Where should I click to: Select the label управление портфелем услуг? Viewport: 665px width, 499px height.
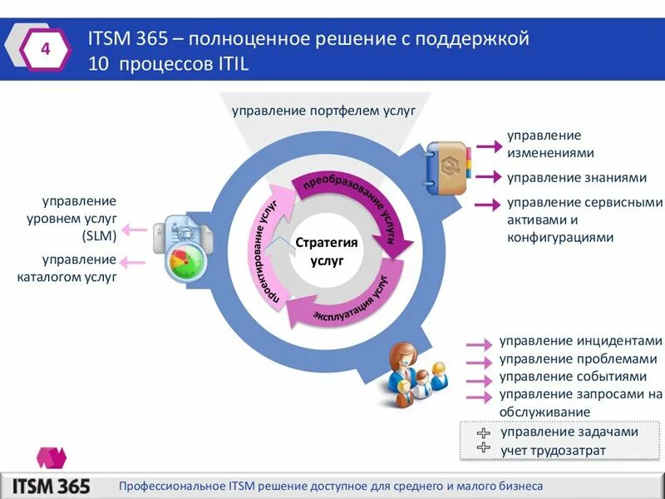tap(323, 110)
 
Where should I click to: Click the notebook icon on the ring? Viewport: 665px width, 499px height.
tap(447, 169)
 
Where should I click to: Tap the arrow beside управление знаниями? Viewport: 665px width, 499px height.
tap(488, 177)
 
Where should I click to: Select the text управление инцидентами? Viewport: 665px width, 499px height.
tap(580, 341)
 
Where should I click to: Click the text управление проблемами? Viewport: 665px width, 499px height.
tap(578, 359)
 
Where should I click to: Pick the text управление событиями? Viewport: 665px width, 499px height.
tap(573, 377)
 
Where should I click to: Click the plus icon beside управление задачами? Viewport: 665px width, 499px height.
tap(484, 432)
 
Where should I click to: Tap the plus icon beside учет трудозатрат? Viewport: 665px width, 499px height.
tap(484, 448)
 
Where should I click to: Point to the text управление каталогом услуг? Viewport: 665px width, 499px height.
tap(66, 269)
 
